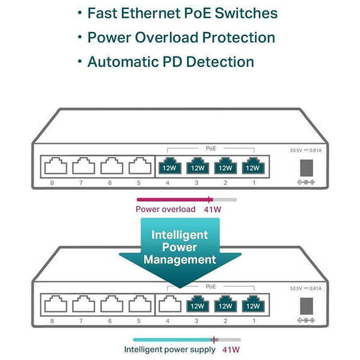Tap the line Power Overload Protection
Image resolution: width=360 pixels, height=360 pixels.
coord(181,37)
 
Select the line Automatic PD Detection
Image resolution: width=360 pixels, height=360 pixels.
coord(170,61)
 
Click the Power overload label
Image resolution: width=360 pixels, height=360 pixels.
coord(166,209)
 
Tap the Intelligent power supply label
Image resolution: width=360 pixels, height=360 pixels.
coord(170,349)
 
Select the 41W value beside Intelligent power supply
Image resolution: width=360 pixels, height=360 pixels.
coord(231,349)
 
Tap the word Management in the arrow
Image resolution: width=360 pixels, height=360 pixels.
coord(180,260)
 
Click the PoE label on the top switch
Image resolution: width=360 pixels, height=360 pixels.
coord(209,147)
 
